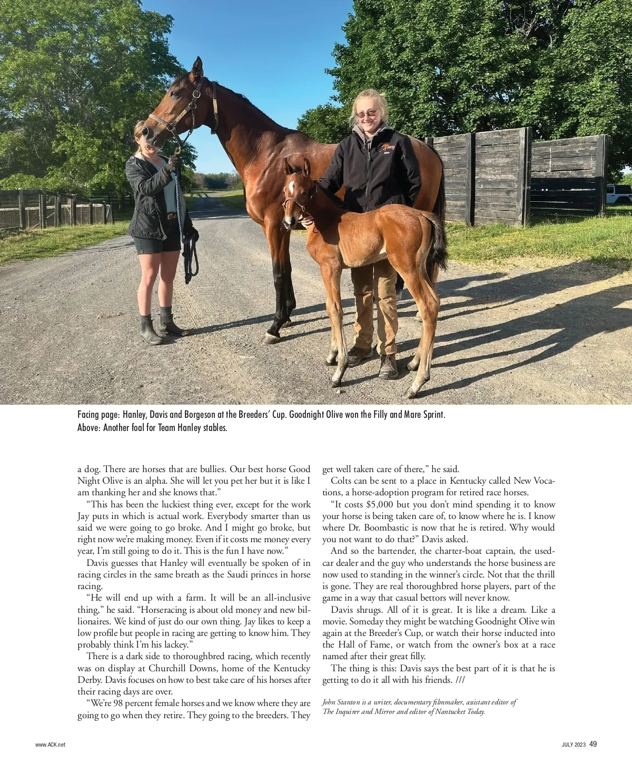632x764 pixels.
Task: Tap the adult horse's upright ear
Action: [x=197, y=67]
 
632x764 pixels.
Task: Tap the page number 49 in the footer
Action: [x=593, y=744]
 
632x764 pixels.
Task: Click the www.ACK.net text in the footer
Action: [x=51, y=745]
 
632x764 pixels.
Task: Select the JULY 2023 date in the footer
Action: [x=573, y=745]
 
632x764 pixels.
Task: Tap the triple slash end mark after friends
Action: [x=459, y=680]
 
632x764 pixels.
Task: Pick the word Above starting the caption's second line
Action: [x=88, y=427]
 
